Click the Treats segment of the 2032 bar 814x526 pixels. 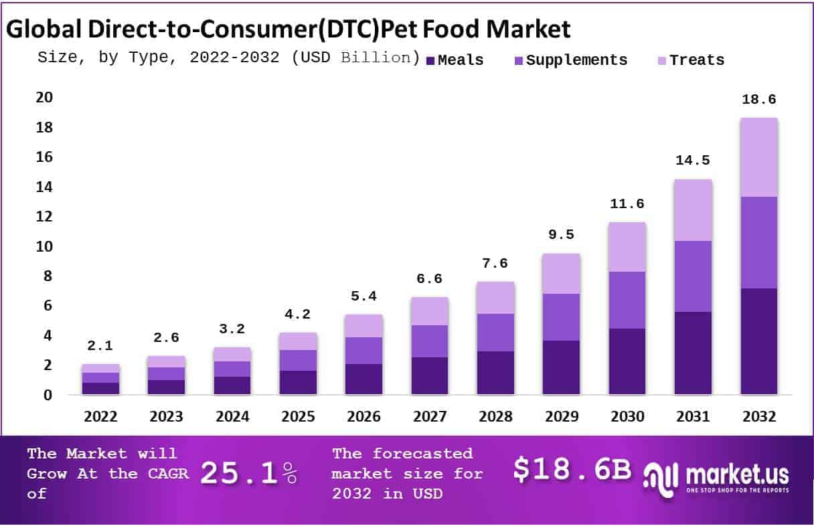click(758, 157)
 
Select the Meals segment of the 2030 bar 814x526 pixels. click(627, 361)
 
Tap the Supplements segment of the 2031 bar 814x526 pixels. click(693, 276)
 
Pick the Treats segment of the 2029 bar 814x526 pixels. click(562, 273)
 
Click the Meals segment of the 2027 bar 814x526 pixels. click(430, 375)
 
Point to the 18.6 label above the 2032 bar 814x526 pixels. click(758, 100)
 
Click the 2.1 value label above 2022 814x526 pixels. click(100, 346)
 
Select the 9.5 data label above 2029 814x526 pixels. click(562, 235)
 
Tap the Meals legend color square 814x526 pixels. click(431, 61)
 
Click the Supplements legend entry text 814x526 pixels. click(577, 60)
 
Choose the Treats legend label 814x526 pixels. click(697, 60)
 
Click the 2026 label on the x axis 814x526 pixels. click(364, 416)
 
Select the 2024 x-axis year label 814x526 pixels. click(232, 416)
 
